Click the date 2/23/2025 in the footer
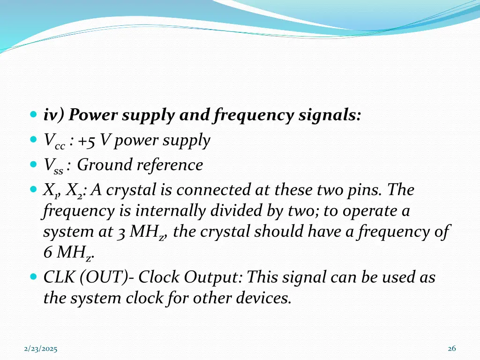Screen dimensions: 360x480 (x=41, y=349)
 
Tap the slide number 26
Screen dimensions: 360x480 (x=452, y=348)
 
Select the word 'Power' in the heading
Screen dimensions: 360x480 (x=96, y=115)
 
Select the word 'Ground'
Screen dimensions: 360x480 (x=105, y=165)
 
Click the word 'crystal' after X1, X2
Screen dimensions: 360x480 (x=127, y=190)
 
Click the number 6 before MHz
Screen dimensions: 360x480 (x=48, y=253)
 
